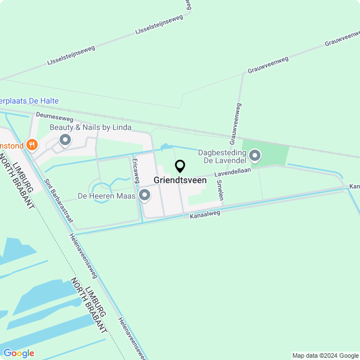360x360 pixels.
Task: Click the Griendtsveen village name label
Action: pyautogui.click(x=180, y=181)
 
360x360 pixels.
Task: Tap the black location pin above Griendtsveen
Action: pyautogui.click(x=180, y=166)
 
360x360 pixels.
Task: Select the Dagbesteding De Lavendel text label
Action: pyautogui.click(x=222, y=156)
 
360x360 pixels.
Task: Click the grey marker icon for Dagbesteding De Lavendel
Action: pyautogui.click(x=255, y=155)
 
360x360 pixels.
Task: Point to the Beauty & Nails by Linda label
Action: pyautogui.click(x=90, y=128)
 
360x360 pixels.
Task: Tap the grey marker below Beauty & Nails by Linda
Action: pyautogui.click(x=65, y=139)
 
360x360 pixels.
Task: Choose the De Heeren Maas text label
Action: pyautogui.click(x=106, y=196)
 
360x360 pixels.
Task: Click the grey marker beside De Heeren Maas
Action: pyautogui.click(x=145, y=195)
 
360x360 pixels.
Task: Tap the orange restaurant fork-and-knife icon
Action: pyautogui.click(x=32, y=145)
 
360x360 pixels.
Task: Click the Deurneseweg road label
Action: pyautogui.click(x=55, y=118)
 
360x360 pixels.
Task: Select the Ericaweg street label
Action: pyautogui.click(x=136, y=169)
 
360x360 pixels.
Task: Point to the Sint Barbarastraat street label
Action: pyautogui.click(x=58, y=200)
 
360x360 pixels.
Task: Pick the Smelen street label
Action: pyautogui.click(x=221, y=190)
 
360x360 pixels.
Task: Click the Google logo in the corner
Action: pyautogui.click(x=19, y=353)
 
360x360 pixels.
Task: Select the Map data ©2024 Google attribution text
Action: pyautogui.click(x=325, y=355)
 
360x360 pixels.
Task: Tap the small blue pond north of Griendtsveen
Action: pyautogui.click(x=164, y=147)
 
